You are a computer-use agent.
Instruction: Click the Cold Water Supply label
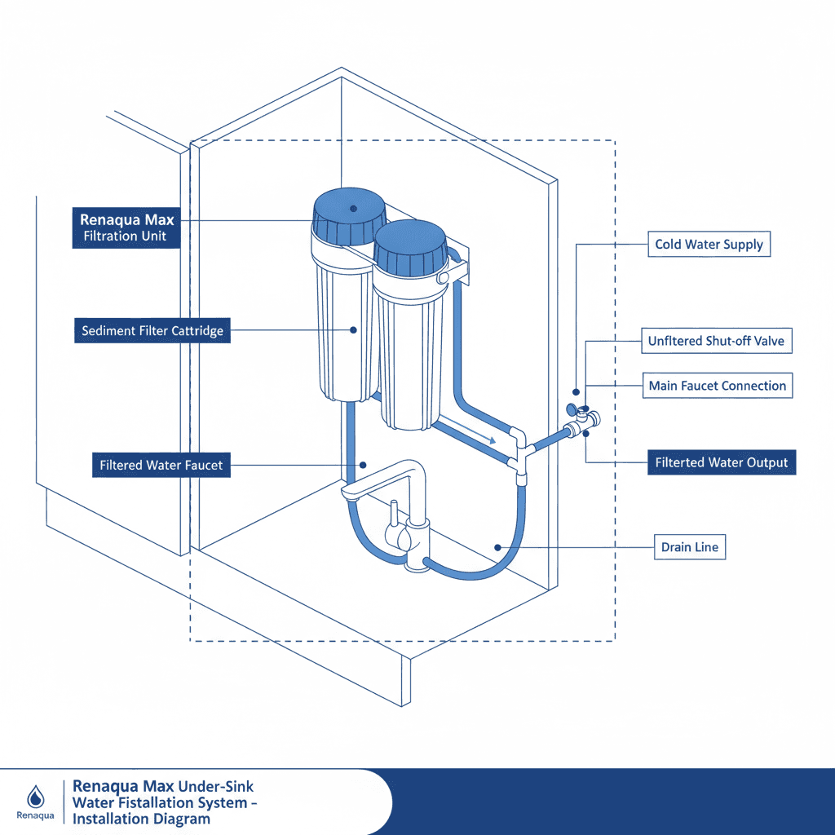[x=709, y=245]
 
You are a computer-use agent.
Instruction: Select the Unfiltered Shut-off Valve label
[x=716, y=341]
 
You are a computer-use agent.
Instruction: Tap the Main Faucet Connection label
[x=718, y=386]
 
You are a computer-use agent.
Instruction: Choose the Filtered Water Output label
[x=722, y=462]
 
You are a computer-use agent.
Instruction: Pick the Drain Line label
[x=690, y=546]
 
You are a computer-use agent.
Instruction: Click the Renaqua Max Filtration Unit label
[x=126, y=228]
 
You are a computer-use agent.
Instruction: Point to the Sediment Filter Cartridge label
[x=152, y=332]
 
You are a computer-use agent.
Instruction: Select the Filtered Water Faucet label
[x=161, y=466]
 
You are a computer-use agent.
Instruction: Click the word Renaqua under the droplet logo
[x=34, y=815]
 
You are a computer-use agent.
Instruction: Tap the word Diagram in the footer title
[x=182, y=819]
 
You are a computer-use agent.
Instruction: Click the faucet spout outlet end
[x=349, y=493]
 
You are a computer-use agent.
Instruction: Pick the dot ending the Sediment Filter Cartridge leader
[x=353, y=330]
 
